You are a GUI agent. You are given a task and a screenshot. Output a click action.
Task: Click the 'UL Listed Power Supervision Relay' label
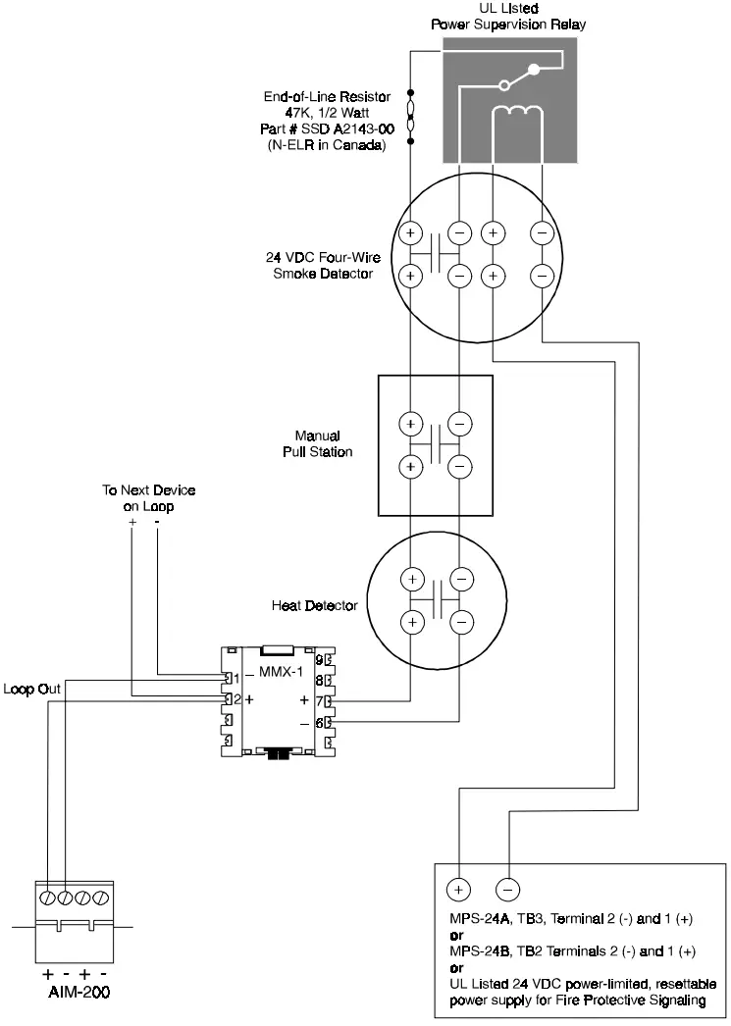click(509, 16)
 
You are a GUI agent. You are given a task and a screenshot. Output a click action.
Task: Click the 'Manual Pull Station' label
click(323, 443)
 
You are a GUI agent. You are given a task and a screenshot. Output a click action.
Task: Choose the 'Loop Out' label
click(31, 690)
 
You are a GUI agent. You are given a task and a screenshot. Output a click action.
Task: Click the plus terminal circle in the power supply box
click(458, 889)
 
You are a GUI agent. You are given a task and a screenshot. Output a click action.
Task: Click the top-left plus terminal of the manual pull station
click(411, 424)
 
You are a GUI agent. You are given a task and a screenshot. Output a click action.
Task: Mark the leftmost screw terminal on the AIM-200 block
click(47, 897)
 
